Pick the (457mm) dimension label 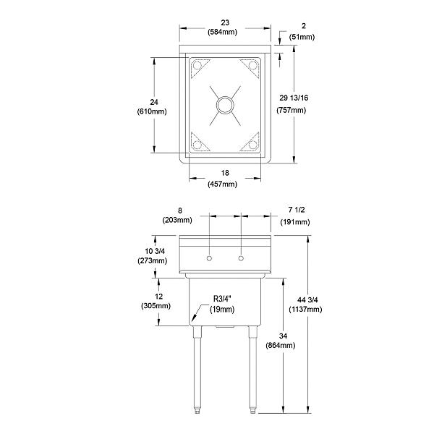click(222, 184)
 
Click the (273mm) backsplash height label click(153, 260)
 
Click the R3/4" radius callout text click(223, 299)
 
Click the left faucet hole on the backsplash click(208, 258)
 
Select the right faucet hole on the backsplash click(242, 258)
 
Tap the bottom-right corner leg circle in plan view click(253, 144)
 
